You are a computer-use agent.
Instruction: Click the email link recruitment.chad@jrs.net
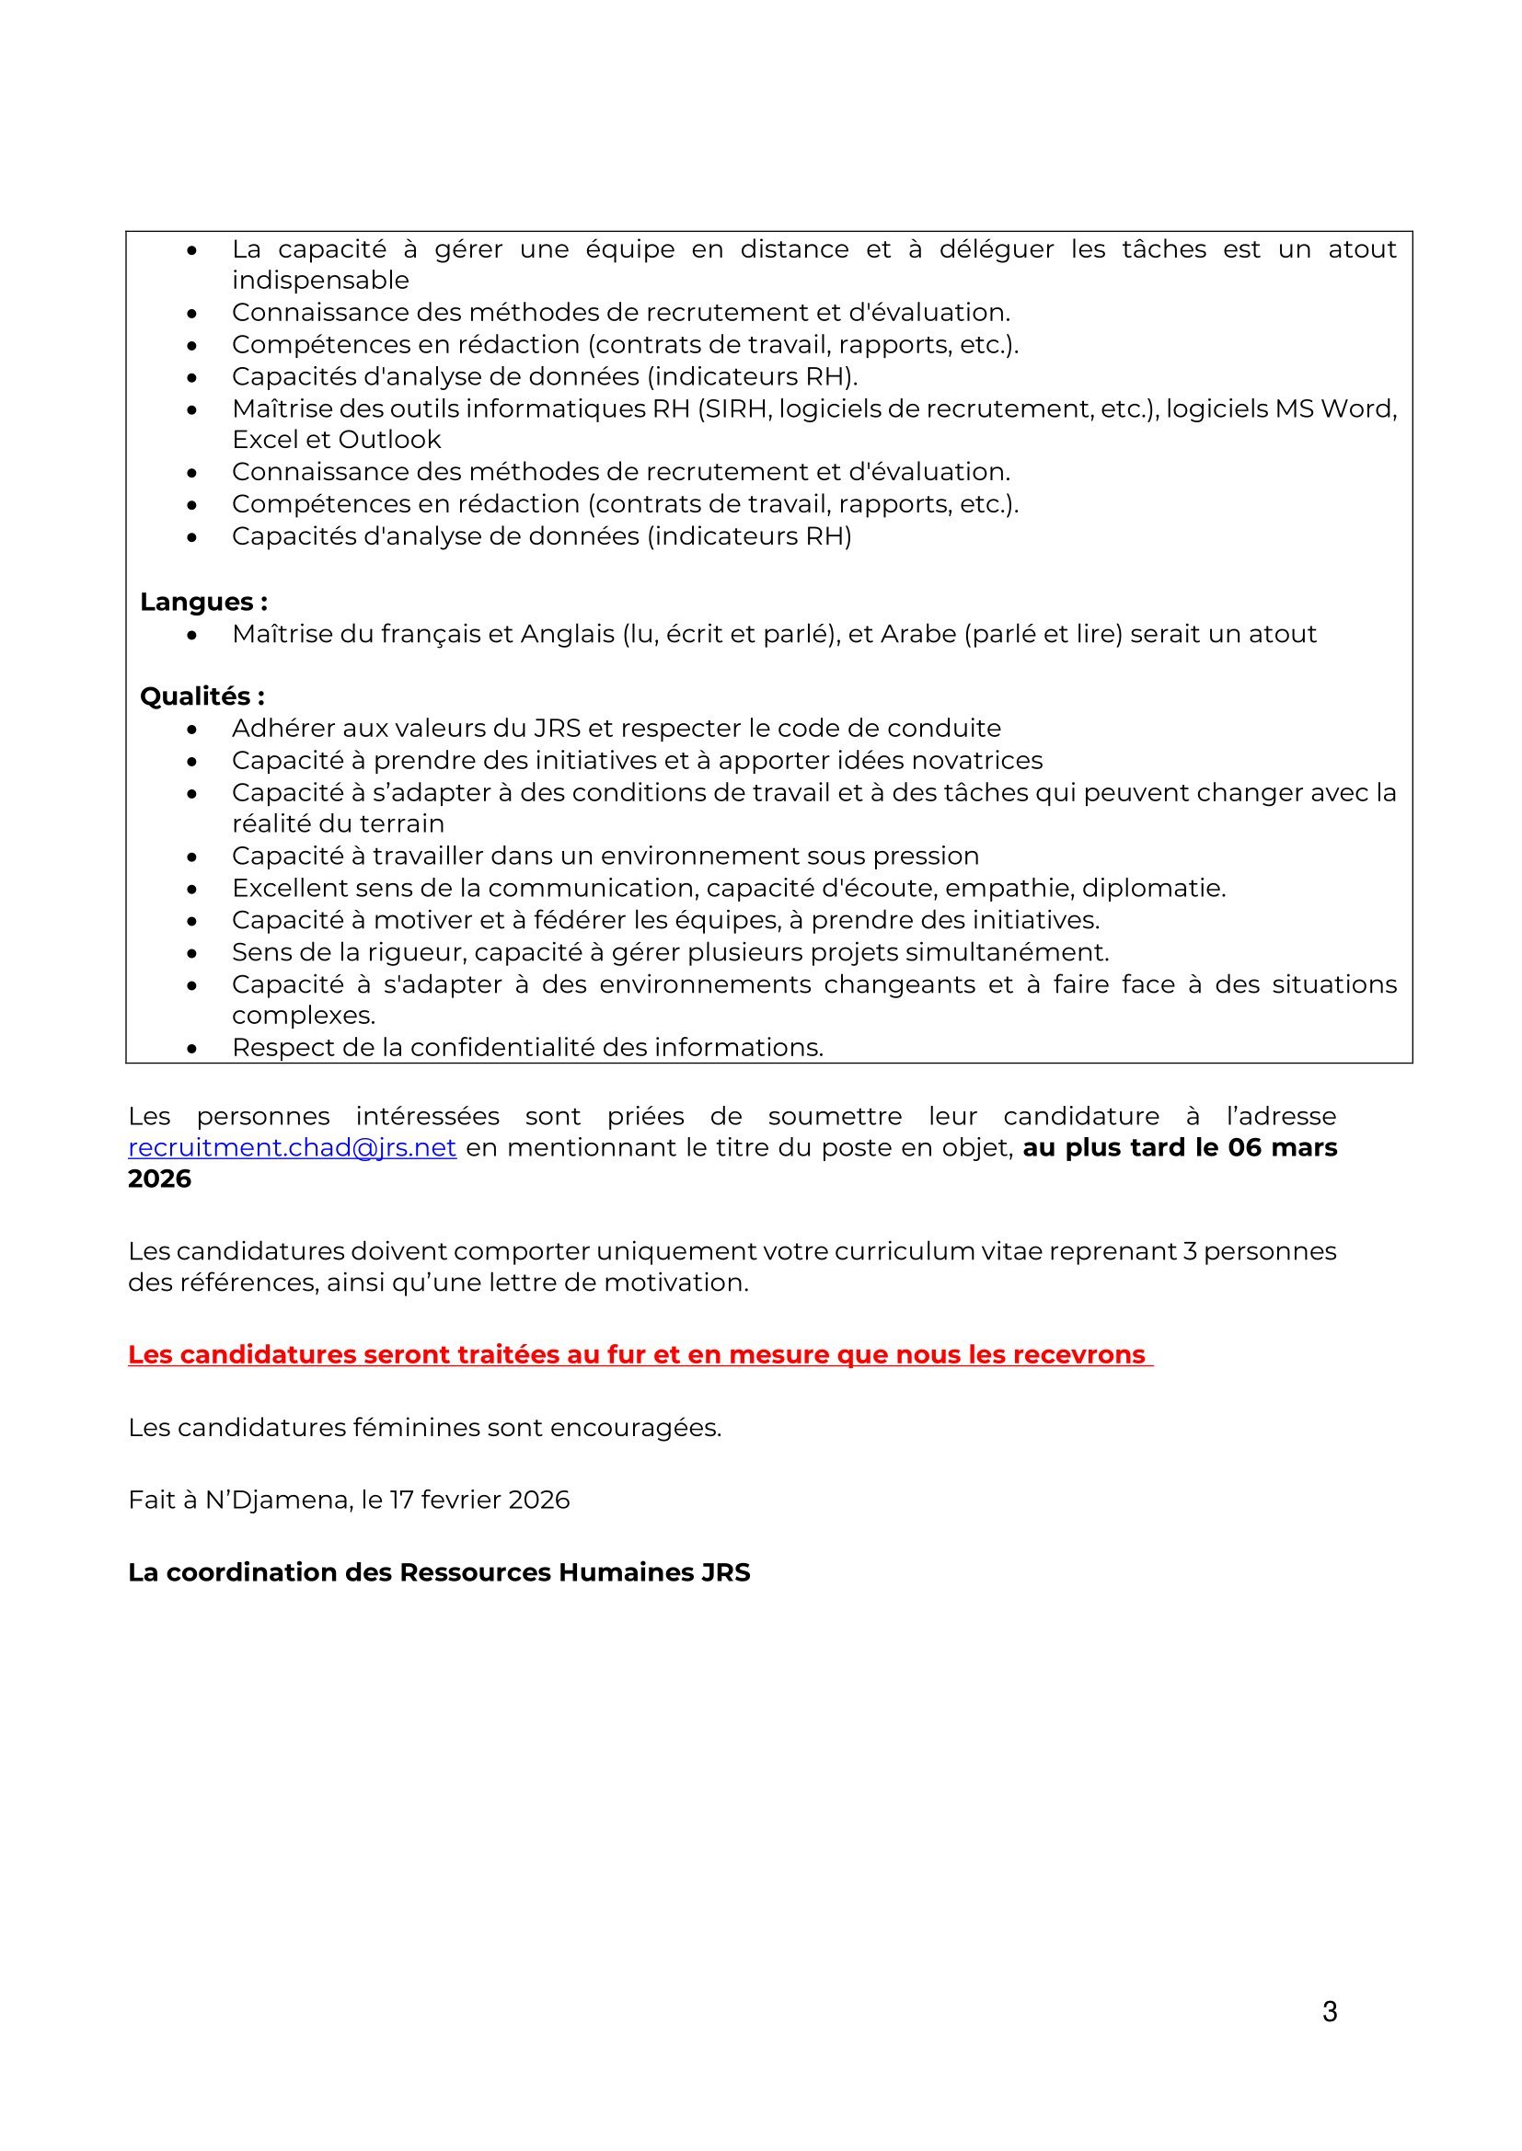click(292, 1147)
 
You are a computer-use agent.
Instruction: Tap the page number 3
click(1329, 2011)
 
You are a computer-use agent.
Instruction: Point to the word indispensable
click(320, 280)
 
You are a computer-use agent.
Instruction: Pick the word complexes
click(304, 1016)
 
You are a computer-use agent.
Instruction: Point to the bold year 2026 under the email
click(159, 1179)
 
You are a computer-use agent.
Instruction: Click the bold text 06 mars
click(1282, 1147)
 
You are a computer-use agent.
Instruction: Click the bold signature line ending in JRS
click(439, 1572)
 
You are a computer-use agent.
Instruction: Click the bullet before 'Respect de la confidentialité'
click(192, 1048)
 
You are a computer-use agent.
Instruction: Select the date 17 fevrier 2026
click(479, 1500)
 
